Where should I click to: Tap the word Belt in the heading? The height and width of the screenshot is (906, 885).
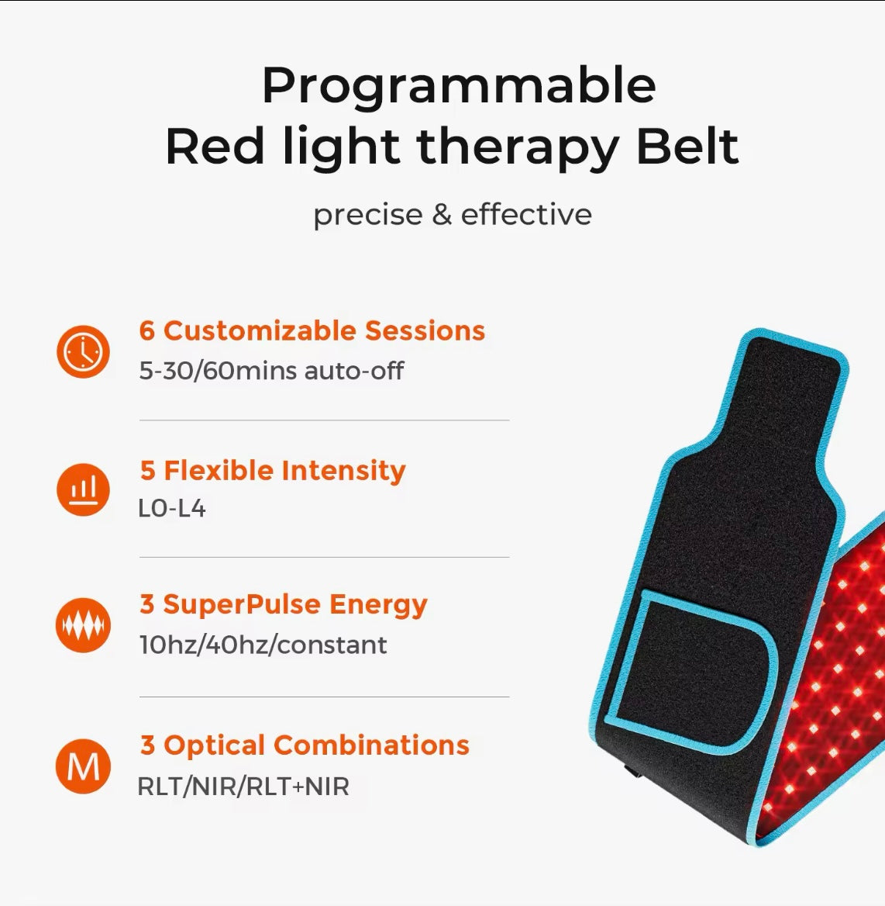click(x=687, y=147)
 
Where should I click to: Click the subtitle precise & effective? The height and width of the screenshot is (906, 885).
click(x=452, y=215)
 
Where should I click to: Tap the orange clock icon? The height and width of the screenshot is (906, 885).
click(x=83, y=352)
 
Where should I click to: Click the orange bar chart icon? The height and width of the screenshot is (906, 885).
click(x=83, y=489)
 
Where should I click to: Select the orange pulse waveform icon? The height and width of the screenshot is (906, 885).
click(x=83, y=625)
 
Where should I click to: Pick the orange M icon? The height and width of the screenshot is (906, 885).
click(x=83, y=766)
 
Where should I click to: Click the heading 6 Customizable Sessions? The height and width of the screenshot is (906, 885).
click(x=312, y=331)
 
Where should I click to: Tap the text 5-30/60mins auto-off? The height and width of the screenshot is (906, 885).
click(x=271, y=371)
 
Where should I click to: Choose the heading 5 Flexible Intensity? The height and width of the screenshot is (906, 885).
click(x=272, y=471)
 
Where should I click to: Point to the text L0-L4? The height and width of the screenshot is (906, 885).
click(x=171, y=509)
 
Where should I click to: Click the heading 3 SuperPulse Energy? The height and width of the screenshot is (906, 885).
click(x=283, y=605)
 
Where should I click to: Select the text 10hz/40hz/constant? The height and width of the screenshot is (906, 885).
click(x=263, y=645)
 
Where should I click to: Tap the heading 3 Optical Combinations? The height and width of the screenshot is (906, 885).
click(x=305, y=745)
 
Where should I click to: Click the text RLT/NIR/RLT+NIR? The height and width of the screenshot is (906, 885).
click(x=243, y=787)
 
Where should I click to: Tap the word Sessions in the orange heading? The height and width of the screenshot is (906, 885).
click(x=425, y=331)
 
